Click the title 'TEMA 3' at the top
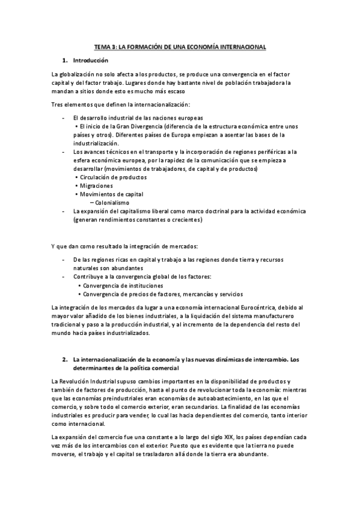pos(106,46)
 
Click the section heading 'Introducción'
pos(90,61)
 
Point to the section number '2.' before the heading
pos(65,359)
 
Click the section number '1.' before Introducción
pos(65,61)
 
